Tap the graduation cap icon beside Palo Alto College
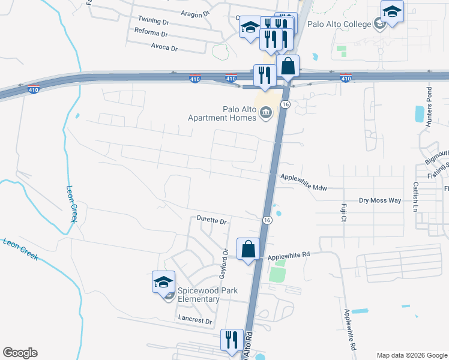pos(393,11)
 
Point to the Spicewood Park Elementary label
pos(207,295)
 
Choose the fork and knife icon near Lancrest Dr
pos(232,340)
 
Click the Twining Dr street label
pos(154,20)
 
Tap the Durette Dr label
pos(212,221)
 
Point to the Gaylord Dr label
pos(224,265)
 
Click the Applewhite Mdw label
pos(304,182)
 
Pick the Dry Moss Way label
pos(379,200)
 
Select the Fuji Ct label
pos(344,212)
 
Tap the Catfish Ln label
pos(415,197)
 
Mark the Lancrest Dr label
pos(195,322)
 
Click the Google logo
pos(20,353)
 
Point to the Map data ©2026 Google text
pos(411,355)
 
